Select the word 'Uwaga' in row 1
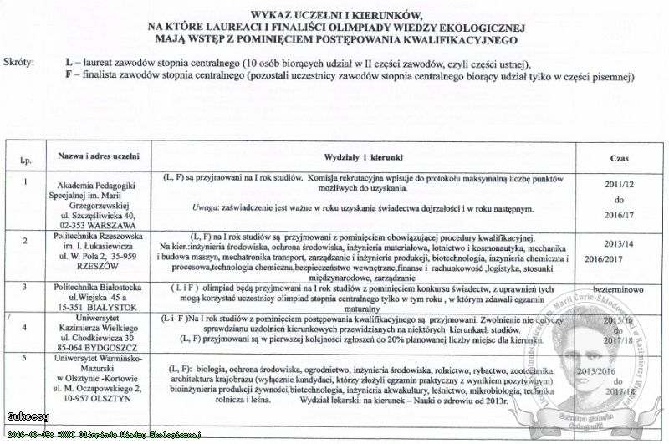(x=207, y=207)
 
